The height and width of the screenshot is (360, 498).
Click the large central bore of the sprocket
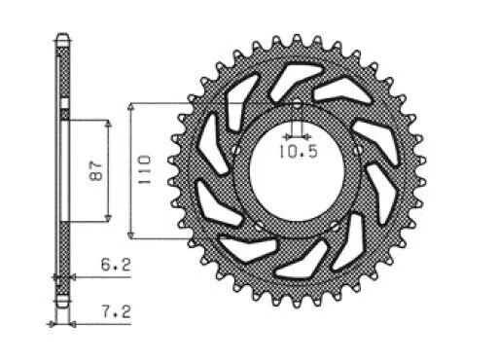point(296,175)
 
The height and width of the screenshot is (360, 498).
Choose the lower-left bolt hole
point(258,227)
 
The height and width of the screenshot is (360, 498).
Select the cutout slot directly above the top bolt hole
point(292,78)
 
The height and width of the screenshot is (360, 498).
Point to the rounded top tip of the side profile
point(62,40)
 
